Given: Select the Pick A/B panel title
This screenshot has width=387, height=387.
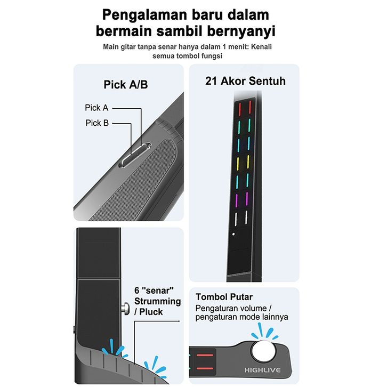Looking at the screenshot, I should pyautogui.click(x=125, y=85).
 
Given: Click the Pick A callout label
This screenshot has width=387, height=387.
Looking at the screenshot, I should pyautogui.click(x=96, y=108).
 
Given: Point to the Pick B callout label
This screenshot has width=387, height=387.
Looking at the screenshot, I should pyautogui.click(x=97, y=123).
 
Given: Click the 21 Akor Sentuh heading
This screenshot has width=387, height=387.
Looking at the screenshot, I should pyautogui.click(x=245, y=81).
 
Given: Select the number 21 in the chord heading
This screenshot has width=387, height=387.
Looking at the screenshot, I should pyautogui.click(x=212, y=81).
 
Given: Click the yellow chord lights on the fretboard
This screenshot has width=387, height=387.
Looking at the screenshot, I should pyautogui.click(x=243, y=161).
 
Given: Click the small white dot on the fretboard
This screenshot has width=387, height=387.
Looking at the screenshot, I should pyautogui.click(x=233, y=235).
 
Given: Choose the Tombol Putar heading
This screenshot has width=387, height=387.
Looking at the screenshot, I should pyautogui.click(x=224, y=297).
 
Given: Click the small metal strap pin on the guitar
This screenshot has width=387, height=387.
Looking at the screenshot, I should pyautogui.click(x=125, y=308).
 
